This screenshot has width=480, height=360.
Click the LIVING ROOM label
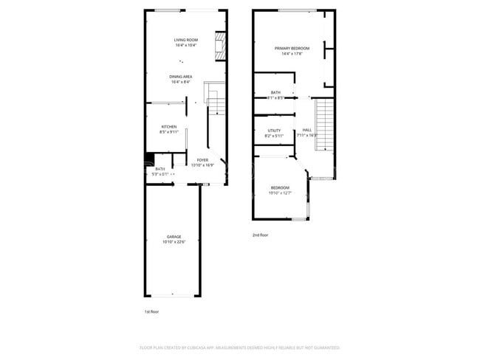pyautogui.click(x=185, y=40)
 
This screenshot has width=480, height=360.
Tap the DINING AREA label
pyautogui.click(x=181, y=76)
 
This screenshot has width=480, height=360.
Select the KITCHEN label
pyautogui.click(x=169, y=127)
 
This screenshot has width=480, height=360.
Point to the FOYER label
pyautogui.click(x=202, y=159)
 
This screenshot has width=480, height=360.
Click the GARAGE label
pyautogui.click(x=174, y=236)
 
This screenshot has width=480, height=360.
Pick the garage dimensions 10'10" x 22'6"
pyautogui.click(x=174, y=241)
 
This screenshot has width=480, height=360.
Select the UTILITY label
pyautogui.click(x=274, y=131)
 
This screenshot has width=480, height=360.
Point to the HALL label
pyautogui.click(x=306, y=130)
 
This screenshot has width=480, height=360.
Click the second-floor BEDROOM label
pyautogui.click(x=280, y=187)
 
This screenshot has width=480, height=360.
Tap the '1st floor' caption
pyautogui.click(x=151, y=312)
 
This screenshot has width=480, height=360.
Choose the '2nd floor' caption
pyautogui.click(x=260, y=235)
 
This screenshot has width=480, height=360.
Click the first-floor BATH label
pyautogui.click(x=160, y=169)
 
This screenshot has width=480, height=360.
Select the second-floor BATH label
pyautogui.click(x=275, y=92)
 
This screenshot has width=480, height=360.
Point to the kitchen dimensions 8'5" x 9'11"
pyautogui.click(x=169, y=132)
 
